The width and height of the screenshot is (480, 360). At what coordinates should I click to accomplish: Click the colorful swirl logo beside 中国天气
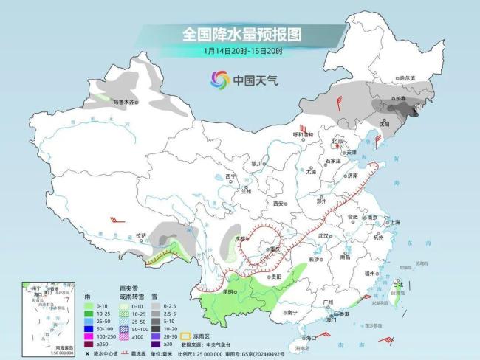click(x=219, y=79)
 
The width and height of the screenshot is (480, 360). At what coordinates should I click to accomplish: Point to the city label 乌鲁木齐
click(x=125, y=102)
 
